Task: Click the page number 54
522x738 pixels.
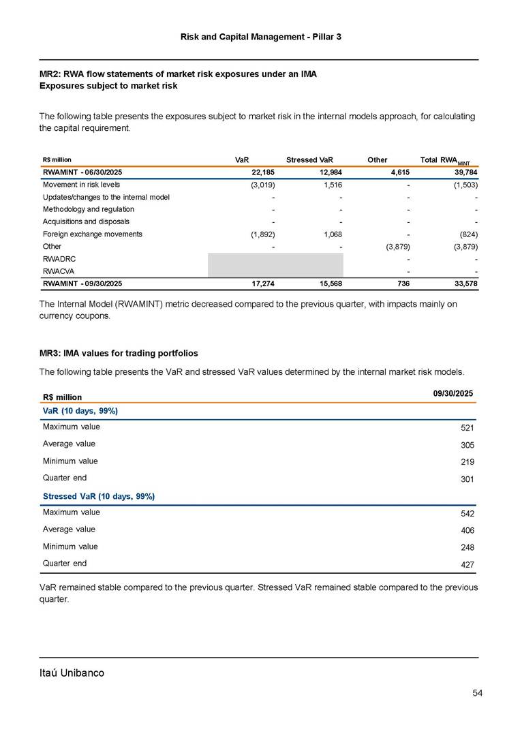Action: coord(477,693)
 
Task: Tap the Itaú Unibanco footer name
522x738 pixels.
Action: coord(72,673)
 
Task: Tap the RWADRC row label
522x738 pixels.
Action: coord(57,259)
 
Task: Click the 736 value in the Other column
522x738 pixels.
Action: coord(402,283)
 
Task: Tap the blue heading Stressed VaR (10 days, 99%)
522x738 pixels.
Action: coord(98,495)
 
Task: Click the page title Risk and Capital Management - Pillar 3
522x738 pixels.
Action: coord(261,35)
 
